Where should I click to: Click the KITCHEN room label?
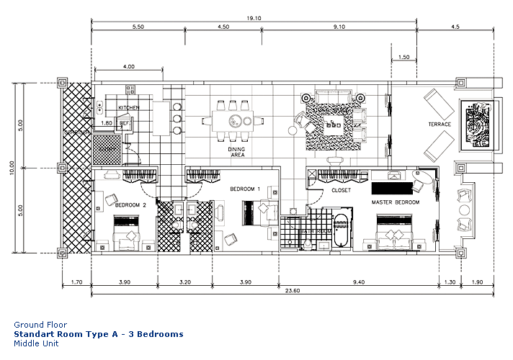pos(128,108)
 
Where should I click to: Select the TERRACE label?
pos(440,125)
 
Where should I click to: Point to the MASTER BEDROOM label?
pos(395,202)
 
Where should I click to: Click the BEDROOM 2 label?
pos(130,205)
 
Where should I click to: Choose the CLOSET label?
pos(342,191)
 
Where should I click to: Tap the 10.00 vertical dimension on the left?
pos(12,168)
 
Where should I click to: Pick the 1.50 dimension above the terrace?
pos(403,57)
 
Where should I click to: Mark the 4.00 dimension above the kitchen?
pos(128,66)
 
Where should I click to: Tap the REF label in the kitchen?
pos(124,123)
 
